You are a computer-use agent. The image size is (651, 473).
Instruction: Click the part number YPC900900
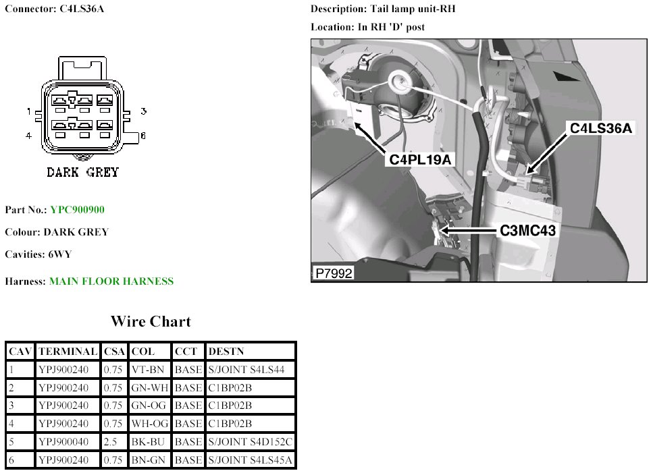77,210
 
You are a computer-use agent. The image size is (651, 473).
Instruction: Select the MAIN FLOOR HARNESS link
111,281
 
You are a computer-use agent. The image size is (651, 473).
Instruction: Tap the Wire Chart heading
151,322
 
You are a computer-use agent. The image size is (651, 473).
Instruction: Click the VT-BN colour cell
149,370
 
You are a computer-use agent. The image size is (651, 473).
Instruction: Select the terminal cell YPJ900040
68,442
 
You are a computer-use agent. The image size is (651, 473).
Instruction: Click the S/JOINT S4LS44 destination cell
246,370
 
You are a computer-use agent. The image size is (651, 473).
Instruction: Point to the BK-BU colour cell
149,442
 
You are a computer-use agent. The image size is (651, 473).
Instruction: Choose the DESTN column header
227,352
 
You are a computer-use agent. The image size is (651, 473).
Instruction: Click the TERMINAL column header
68,352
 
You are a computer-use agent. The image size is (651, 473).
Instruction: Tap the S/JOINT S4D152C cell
251,442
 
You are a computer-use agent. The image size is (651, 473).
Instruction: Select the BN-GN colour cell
149,460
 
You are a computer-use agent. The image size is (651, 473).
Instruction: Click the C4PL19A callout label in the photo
420,159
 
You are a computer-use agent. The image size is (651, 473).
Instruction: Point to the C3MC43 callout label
528,231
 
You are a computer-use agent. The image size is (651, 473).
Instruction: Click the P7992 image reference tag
334,274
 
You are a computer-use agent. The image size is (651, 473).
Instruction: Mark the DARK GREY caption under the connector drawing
82,172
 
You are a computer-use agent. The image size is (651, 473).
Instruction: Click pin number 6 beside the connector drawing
142,136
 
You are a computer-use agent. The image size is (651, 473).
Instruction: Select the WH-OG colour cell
149,424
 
